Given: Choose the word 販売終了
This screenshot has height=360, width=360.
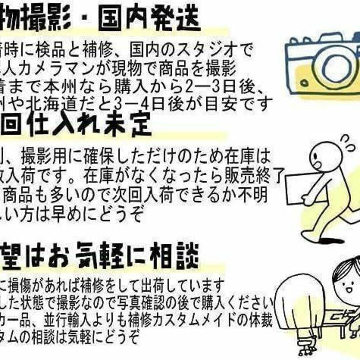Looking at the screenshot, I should tap(258, 174).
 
